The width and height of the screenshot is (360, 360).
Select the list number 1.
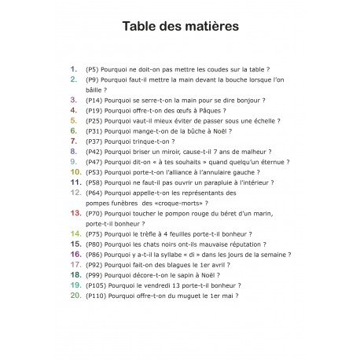[75, 69]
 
